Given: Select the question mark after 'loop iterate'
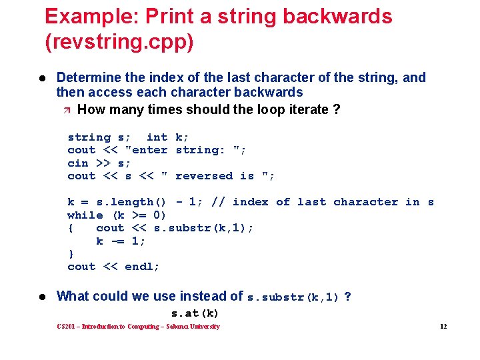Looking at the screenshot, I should pos(336,109).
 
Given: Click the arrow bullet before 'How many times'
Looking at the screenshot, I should pos(68,109).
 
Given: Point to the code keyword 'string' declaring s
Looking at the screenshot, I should pos(89,137).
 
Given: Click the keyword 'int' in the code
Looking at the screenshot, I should pos(157,137).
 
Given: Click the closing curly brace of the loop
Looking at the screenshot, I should pos(71,253).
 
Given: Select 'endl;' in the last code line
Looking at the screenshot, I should pos(143,267).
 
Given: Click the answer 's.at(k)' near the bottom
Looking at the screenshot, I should pos(195,313).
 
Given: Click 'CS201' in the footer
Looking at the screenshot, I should pos(67,327).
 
